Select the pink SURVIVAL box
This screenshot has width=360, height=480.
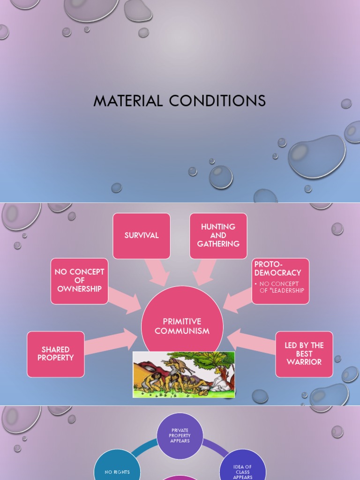click(142, 235)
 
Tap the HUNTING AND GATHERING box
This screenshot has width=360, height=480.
click(218, 235)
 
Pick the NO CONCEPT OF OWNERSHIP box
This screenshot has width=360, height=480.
click(79, 280)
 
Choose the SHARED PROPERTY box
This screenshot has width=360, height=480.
click(55, 354)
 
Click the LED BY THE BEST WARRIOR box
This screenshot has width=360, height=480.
click(304, 354)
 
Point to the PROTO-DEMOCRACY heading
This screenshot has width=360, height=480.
click(277, 268)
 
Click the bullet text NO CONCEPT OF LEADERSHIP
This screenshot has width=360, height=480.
click(282, 287)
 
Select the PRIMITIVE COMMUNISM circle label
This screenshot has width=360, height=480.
click(182, 326)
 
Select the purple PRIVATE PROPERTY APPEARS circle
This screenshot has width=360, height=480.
click(180, 435)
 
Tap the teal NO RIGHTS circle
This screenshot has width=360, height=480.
click(117, 471)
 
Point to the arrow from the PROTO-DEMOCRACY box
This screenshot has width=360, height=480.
click(238, 300)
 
